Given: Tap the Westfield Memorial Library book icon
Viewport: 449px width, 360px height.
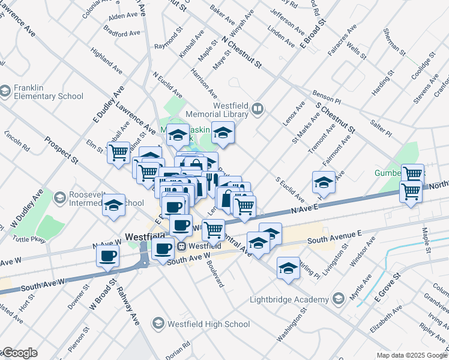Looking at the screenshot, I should [x=258, y=109].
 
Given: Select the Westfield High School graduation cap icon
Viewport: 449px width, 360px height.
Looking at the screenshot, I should [x=158, y=324].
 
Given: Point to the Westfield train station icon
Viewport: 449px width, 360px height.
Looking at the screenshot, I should [x=181, y=246].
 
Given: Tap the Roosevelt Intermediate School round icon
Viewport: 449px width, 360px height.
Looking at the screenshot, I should [x=60, y=197].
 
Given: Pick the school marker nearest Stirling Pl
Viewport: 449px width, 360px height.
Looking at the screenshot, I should [x=289, y=268].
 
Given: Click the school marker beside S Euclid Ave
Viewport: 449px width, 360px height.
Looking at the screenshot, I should [x=324, y=181].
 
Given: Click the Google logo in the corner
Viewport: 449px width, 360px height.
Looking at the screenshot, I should [x=19, y=353].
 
